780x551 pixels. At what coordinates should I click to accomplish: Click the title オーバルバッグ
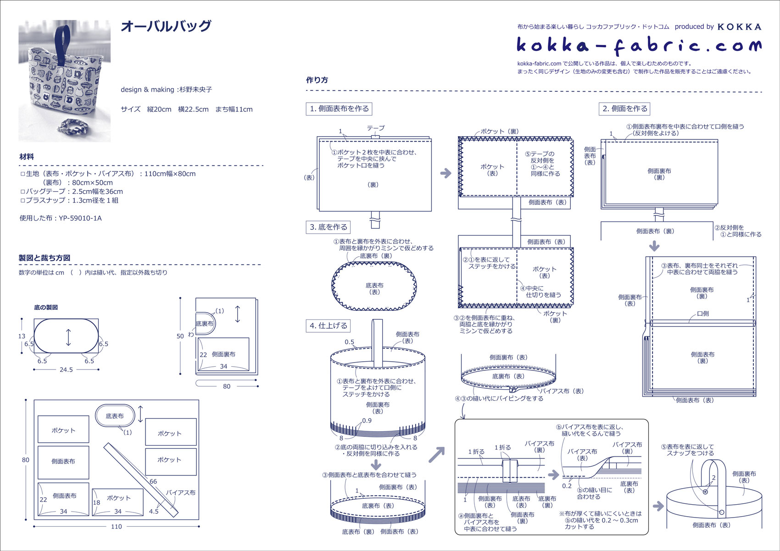click(x=166, y=26)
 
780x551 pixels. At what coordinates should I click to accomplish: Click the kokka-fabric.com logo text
click(x=639, y=45)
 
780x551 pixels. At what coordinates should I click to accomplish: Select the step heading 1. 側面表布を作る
click(x=339, y=109)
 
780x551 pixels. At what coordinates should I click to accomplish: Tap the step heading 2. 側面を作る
click(x=624, y=109)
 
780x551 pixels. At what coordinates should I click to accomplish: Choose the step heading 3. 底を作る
click(x=329, y=227)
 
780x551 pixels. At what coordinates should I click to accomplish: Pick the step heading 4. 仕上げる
click(x=329, y=325)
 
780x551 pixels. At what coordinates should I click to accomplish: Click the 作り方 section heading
click(x=317, y=80)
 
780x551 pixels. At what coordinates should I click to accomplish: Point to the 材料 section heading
click(x=26, y=156)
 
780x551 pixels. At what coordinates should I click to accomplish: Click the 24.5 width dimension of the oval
click(x=66, y=369)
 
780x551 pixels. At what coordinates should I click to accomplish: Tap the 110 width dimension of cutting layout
click(x=116, y=526)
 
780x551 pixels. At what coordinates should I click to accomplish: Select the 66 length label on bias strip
click(x=153, y=481)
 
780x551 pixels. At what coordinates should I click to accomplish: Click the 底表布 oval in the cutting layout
click(x=115, y=416)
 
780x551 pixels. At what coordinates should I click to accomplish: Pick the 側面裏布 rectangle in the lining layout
click(x=224, y=354)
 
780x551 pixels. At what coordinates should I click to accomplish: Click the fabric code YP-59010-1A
click(x=80, y=218)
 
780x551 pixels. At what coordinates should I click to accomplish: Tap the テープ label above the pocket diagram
click(x=375, y=128)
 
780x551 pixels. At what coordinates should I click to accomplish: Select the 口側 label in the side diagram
click(x=702, y=314)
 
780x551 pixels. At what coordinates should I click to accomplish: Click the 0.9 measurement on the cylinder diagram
click(x=367, y=420)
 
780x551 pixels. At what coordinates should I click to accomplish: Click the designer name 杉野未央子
click(x=195, y=89)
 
